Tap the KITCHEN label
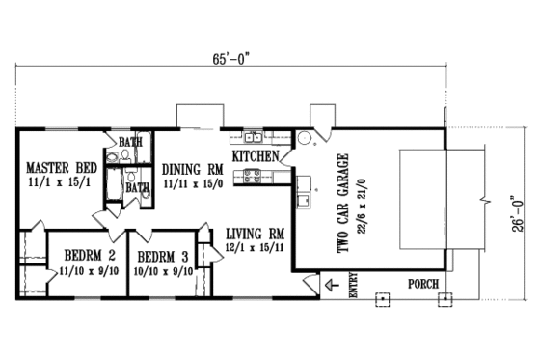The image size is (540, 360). pos(256,155)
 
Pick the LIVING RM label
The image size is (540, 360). pos(255,233)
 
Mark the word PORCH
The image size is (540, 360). pos(421,284)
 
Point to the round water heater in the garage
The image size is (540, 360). pos(304,137)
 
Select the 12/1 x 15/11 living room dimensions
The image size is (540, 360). pos(255,248)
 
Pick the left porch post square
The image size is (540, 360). pos(383,297)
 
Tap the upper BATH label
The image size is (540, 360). pos(130,143)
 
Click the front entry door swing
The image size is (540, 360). pos(310,283)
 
